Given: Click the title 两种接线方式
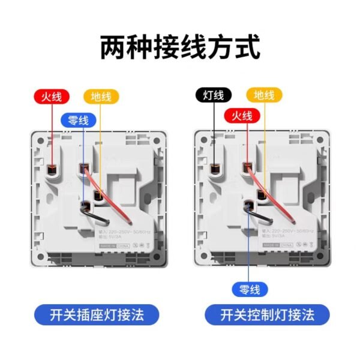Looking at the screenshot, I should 180,47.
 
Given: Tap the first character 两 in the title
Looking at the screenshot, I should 115,47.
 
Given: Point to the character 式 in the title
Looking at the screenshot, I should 246,47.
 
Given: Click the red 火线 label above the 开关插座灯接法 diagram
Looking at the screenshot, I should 51,97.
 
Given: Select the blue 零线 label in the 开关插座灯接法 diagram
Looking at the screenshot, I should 78,120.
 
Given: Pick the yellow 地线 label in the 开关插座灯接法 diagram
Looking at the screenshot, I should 101,97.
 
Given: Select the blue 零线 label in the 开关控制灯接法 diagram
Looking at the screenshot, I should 247,290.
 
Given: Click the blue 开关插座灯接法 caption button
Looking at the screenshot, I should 97,314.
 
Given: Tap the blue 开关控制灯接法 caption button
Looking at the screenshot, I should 267,314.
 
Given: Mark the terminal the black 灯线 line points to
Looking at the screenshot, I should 214,170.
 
